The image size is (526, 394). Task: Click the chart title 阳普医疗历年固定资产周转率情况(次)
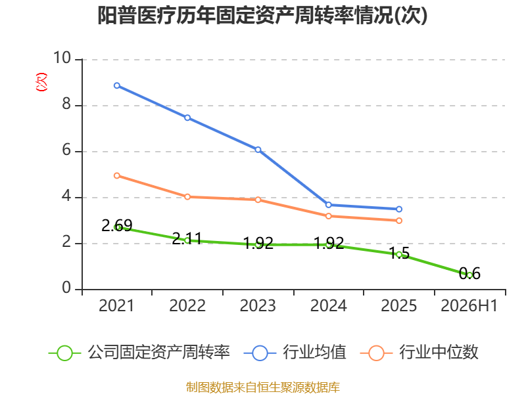tap(262, 16)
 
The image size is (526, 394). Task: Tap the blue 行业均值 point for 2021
tap(117, 86)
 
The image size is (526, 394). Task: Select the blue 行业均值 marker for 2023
tap(258, 150)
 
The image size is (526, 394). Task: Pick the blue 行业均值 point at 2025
tap(399, 209)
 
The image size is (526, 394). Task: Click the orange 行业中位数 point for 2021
tap(117, 175)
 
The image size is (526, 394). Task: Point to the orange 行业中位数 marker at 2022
tap(187, 196)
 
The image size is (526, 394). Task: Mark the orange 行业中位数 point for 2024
tap(329, 216)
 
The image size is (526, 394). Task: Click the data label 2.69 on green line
tap(117, 225)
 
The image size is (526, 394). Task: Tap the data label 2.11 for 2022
tap(187, 239)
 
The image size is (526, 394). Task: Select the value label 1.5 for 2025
tap(399, 253)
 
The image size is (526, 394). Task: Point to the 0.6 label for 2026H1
tap(469, 273)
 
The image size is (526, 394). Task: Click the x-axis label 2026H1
tap(469, 305)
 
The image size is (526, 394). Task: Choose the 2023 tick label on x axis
tap(258, 305)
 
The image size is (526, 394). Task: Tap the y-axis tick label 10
tap(62, 58)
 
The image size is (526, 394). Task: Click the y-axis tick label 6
tap(67, 150)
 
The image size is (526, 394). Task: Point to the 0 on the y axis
tap(67, 288)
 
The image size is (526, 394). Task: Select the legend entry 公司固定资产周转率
tap(139, 353)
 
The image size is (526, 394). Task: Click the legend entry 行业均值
tap(295, 353)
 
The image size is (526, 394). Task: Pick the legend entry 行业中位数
tap(419, 353)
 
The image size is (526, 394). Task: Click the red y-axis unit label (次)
tap(41, 82)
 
